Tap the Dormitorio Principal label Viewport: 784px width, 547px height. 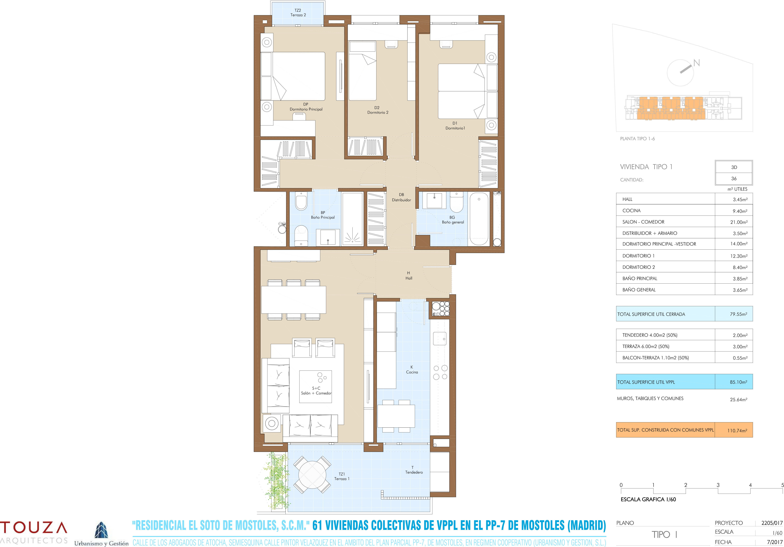[x=306, y=107]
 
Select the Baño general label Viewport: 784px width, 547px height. [x=453, y=220]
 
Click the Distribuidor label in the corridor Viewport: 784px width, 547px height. [x=402, y=198]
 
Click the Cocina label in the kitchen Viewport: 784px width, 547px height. [x=412, y=370]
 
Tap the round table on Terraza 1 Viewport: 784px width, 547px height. [x=312, y=475]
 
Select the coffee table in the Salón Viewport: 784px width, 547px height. [x=316, y=386]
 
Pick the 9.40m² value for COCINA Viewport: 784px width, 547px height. [x=740, y=211]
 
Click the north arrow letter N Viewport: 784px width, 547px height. [x=697, y=63]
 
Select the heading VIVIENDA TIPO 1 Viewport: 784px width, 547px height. [x=646, y=167]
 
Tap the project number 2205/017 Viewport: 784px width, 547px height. [x=772, y=523]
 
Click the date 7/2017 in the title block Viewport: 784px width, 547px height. [x=774, y=542]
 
